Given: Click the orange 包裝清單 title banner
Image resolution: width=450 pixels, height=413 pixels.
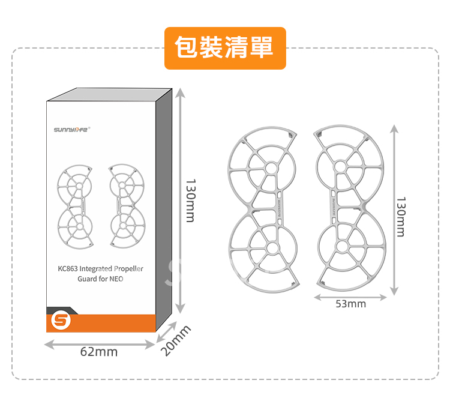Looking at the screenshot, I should click(x=225, y=48).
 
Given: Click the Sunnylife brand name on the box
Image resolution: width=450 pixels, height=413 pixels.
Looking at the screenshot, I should click(x=71, y=129).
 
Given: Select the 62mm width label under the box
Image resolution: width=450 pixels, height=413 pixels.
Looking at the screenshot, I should click(x=99, y=352).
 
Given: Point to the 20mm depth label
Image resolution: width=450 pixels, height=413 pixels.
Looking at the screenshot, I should click(x=176, y=340).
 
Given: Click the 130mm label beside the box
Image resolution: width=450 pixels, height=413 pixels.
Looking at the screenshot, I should click(x=190, y=200).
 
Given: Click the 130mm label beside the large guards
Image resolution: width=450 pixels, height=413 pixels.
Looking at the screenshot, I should click(x=400, y=216).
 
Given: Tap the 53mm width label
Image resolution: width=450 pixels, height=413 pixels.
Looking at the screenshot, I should click(x=350, y=304).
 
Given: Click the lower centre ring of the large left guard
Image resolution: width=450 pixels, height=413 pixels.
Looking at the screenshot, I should click(x=271, y=247).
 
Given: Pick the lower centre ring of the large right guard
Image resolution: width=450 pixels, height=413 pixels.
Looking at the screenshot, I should click(x=341, y=246).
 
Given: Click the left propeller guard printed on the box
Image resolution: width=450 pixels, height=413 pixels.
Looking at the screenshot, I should click(x=75, y=207).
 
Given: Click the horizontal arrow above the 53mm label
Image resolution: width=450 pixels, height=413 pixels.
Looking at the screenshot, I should click(x=350, y=296).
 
